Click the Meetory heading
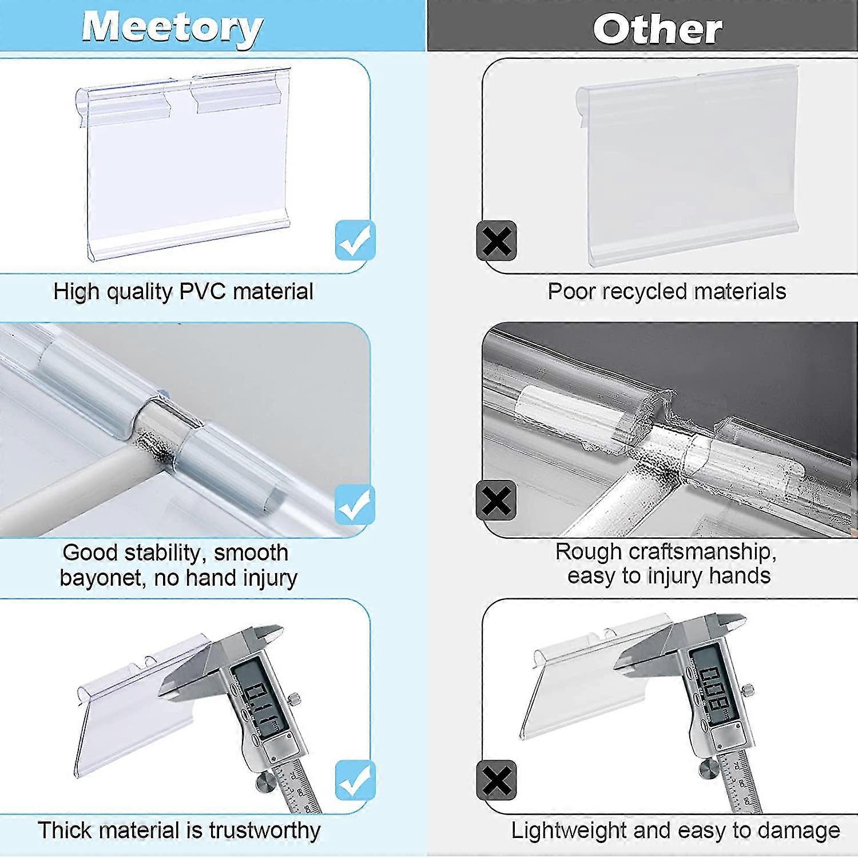pyautogui.click(x=172, y=27)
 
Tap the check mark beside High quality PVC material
pyautogui.click(x=355, y=240)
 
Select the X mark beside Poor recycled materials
pyautogui.click(x=496, y=241)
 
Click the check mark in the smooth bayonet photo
pyautogui.click(x=355, y=504)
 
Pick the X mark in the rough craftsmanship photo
pyautogui.click(x=496, y=501)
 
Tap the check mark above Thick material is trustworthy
pyautogui.click(x=355, y=780)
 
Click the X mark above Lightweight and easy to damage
pyautogui.click(x=496, y=780)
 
